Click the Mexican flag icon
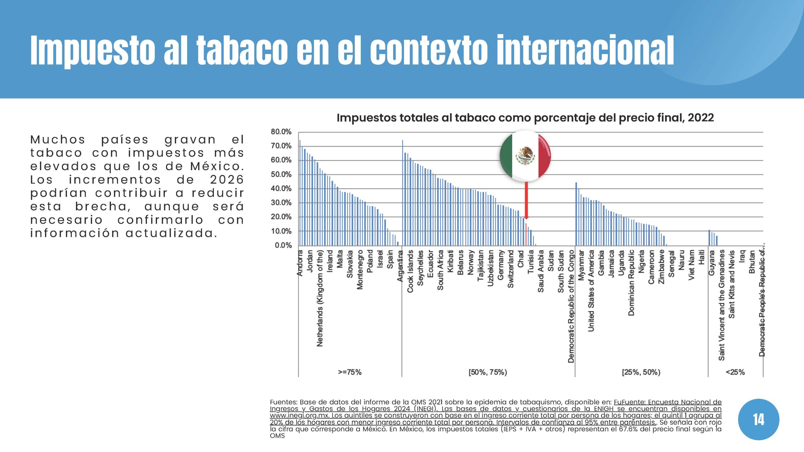point(525,156)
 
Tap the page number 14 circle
point(758,419)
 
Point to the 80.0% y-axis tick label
point(281,132)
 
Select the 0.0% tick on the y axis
point(283,245)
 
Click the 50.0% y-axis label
point(281,175)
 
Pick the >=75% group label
point(350,372)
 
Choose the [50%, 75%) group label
point(488,372)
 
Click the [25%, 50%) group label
point(641,372)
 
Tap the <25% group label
point(735,372)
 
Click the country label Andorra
point(300,263)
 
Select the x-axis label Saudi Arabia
point(541,271)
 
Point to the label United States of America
point(591,291)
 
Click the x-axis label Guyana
point(711,263)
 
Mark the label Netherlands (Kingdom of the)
point(320,298)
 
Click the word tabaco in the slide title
point(242,50)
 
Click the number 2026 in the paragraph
point(227,180)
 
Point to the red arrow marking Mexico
point(526,201)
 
